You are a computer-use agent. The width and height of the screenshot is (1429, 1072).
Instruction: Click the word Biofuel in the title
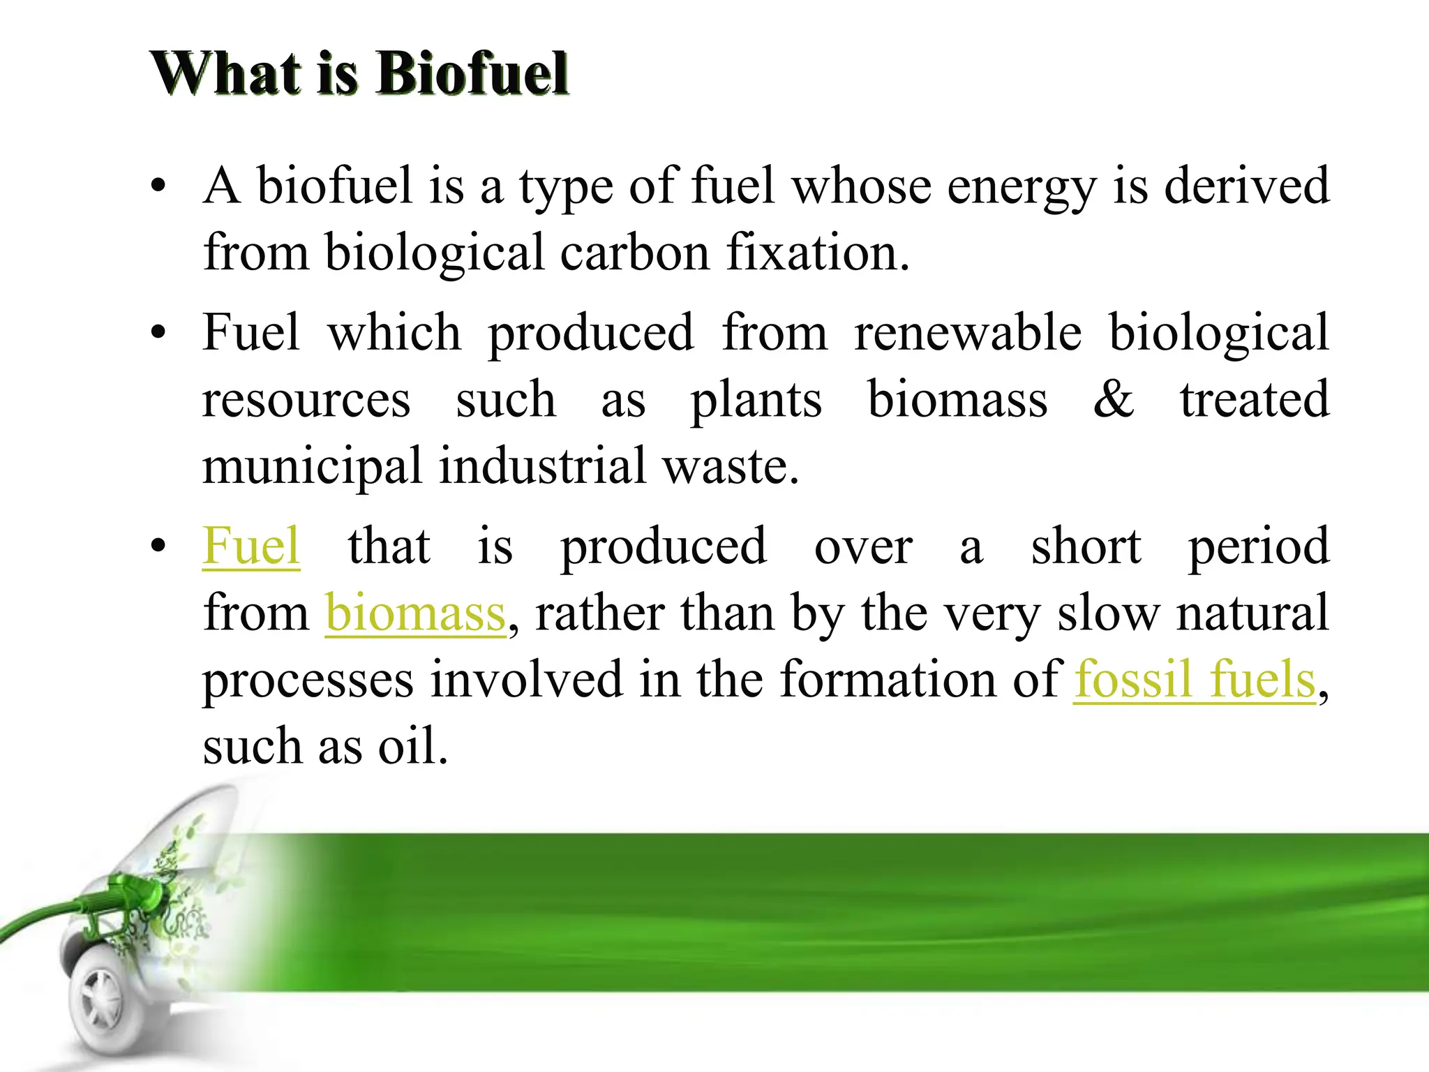click(x=473, y=73)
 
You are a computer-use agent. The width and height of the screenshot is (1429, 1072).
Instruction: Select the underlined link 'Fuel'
click(x=251, y=546)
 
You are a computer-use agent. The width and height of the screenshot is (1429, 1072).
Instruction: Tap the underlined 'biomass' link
click(x=415, y=613)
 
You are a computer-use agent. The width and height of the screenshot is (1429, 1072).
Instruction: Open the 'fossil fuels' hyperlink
click(x=1195, y=679)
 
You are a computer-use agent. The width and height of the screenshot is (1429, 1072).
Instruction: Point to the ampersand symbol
click(x=1114, y=399)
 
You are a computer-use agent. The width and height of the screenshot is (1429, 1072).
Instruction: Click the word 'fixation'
click(x=817, y=252)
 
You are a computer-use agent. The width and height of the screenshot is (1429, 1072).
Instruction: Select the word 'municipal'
click(x=312, y=466)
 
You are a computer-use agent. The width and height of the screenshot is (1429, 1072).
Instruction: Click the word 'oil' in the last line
click(x=412, y=746)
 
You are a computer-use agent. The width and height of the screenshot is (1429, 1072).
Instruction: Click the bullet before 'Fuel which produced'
click(x=159, y=334)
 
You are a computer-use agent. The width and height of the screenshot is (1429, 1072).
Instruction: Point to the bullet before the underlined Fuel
click(x=159, y=547)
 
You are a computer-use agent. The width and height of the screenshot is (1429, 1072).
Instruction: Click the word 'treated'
click(x=1255, y=399)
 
